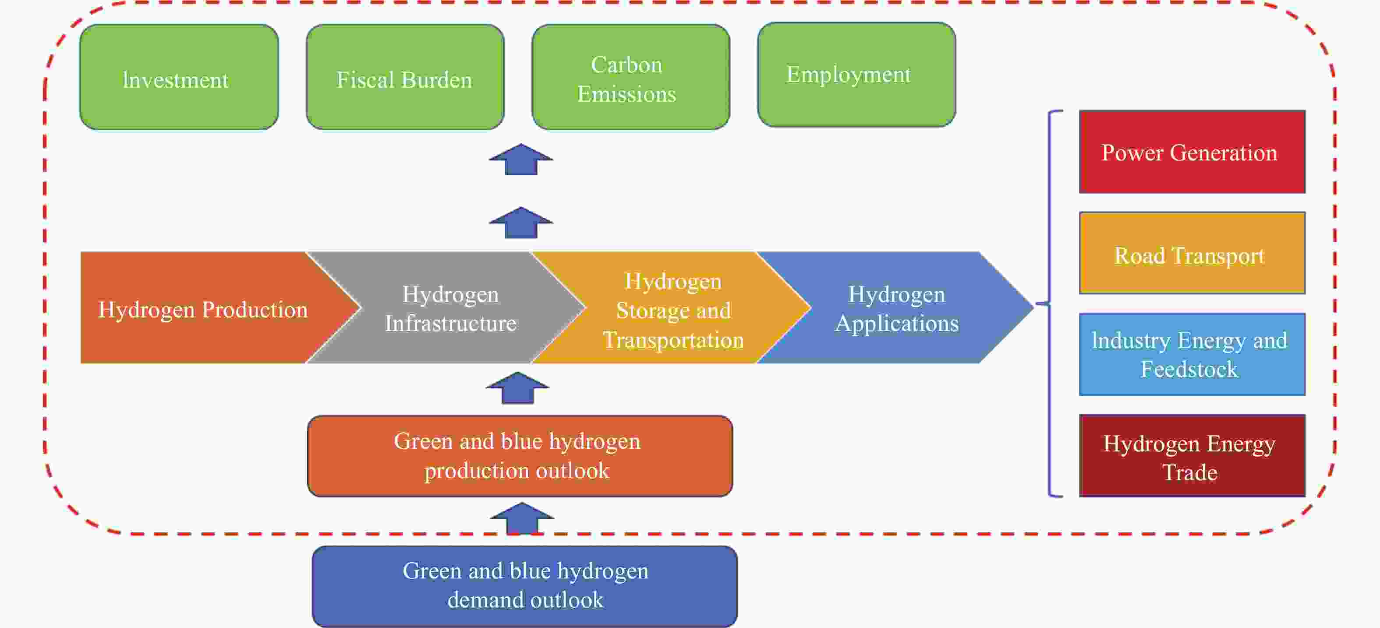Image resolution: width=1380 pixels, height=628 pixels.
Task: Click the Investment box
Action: click(x=179, y=77)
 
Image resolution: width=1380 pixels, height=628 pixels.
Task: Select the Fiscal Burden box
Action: click(x=405, y=77)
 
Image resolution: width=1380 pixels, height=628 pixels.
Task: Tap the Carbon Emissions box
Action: click(x=630, y=77)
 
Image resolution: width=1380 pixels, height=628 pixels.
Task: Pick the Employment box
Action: click(x=856, y=75)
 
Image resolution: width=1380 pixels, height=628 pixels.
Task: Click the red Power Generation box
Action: click(x=1192, y=152)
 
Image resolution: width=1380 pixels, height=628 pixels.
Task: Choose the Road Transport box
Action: click(x=1192, y=253)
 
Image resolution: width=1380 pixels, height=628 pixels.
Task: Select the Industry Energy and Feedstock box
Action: click(x=1192, y=354)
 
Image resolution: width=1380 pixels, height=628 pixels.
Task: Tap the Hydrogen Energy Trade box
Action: click(x=1192, y=455)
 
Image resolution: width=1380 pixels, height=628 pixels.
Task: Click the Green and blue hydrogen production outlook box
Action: click(x=520, y=456)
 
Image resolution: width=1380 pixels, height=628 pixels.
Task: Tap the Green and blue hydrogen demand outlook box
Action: click(x=524, y=586)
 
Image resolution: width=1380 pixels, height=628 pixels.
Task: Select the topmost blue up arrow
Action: click(x=521, y=159)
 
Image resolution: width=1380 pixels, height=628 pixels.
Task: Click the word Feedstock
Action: click(x=1189, y=369)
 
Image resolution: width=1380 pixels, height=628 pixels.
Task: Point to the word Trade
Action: click(x=1189, y=472)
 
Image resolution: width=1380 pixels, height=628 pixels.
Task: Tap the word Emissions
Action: click(x=627, y=94)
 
